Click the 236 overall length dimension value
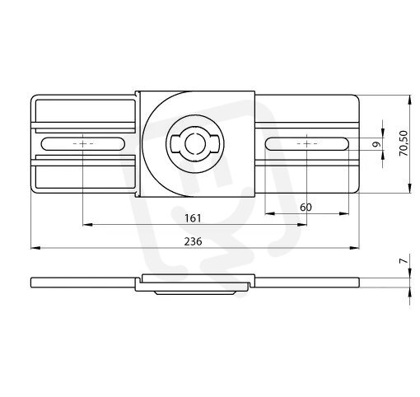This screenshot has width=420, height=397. pos(193,241)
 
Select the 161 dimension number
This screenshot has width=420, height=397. pos(193,218)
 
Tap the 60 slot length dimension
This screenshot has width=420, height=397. pos(306,208)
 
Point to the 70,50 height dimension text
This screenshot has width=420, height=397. pos(404,143)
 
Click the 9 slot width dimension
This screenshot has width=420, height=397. pos(378,144)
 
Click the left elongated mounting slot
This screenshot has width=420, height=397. pos(83,143)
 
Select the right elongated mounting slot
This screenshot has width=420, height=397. pos(307,143)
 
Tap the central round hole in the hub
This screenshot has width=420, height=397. pos(194,143)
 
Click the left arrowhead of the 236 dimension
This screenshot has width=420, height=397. pos(35,248)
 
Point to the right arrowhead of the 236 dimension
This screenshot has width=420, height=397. pos(354,248)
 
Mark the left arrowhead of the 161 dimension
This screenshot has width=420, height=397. pos(87,225)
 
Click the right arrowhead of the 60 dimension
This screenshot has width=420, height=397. pos(344,213)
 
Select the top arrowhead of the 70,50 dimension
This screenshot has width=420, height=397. pos(410,100)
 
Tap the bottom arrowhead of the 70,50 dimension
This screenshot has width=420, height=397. pos(410,189)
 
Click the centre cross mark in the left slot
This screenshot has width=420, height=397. pos(83,143)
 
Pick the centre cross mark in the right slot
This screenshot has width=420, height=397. pos(307,143)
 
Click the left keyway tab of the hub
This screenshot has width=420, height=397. pos(175,143)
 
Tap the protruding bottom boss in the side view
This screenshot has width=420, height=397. pos(195,293)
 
